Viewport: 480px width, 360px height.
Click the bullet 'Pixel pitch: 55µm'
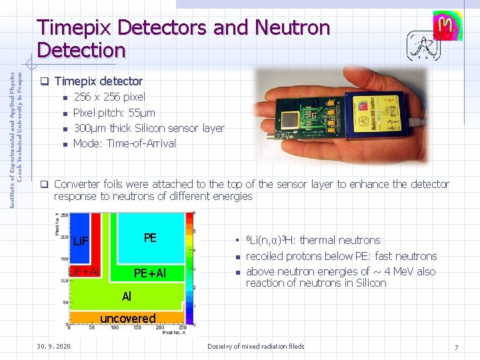click(114, 113)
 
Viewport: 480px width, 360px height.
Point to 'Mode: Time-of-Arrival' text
click(124, 143)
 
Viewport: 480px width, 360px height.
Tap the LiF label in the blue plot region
click(81, 240)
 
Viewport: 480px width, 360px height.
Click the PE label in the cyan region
click(150, 237)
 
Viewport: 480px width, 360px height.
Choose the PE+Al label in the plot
click(149, 273)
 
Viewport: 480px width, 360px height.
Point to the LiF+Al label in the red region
click(84, 271)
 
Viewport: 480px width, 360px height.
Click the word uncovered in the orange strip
click(127, 318)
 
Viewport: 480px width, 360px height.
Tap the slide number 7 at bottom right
click(456, 347)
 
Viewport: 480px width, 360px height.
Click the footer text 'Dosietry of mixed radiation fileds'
click(255, 346)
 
